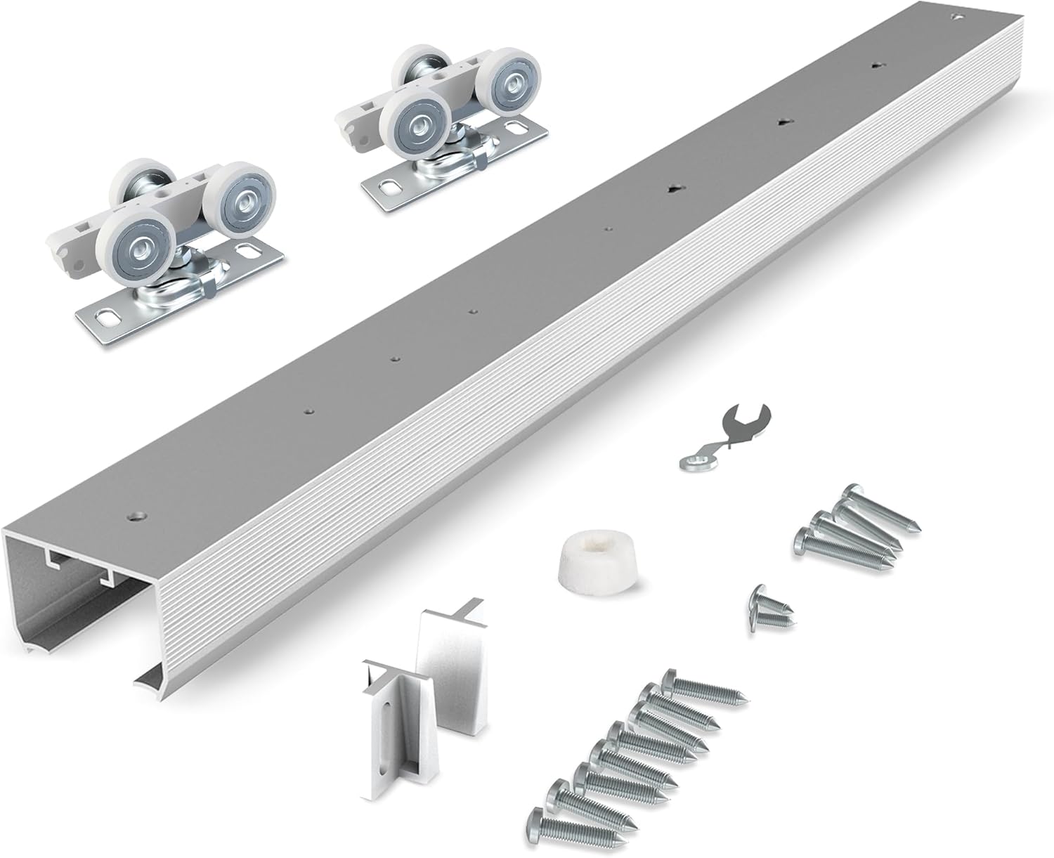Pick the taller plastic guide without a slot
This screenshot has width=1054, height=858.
[450, 668]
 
